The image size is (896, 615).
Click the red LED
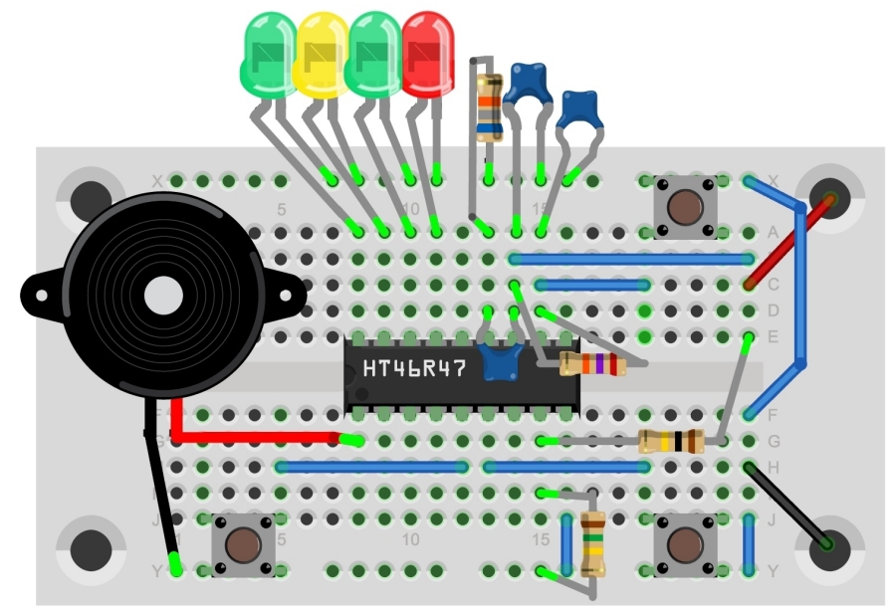coord(428,55)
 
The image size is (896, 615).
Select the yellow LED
coord(322,55)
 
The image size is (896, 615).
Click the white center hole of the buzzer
coord(164,296)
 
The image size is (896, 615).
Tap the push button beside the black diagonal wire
coord(684,544)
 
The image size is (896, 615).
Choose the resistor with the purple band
coord(592,364)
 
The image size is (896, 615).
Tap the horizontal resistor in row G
coord(671,441)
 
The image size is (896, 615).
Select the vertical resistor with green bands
coord(592,543)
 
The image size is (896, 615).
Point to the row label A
coord(773,233)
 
